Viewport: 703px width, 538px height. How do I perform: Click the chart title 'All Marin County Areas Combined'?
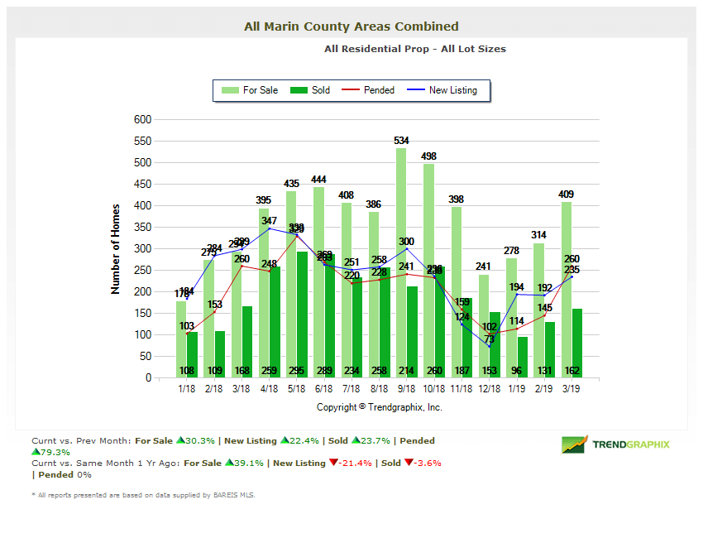(x=351, y=26)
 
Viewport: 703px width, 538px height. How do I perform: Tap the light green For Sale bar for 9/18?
(x=401, y=273)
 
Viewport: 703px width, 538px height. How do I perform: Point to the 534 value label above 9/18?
(x=402, y=141)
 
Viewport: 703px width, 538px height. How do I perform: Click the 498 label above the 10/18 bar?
(x=428, y=156)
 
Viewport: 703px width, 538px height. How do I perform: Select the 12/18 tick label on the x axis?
(x=489, y=387)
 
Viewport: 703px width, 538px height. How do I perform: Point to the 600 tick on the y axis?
(x=142, y=119)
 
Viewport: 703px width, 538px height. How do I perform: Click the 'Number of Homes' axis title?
(x=116, y=248)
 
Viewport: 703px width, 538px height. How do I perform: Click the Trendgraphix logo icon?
(x=574, y=444)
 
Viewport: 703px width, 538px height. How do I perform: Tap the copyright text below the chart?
(x=379, y=407)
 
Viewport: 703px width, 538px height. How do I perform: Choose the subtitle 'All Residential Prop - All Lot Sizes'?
(x=414, y=49)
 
